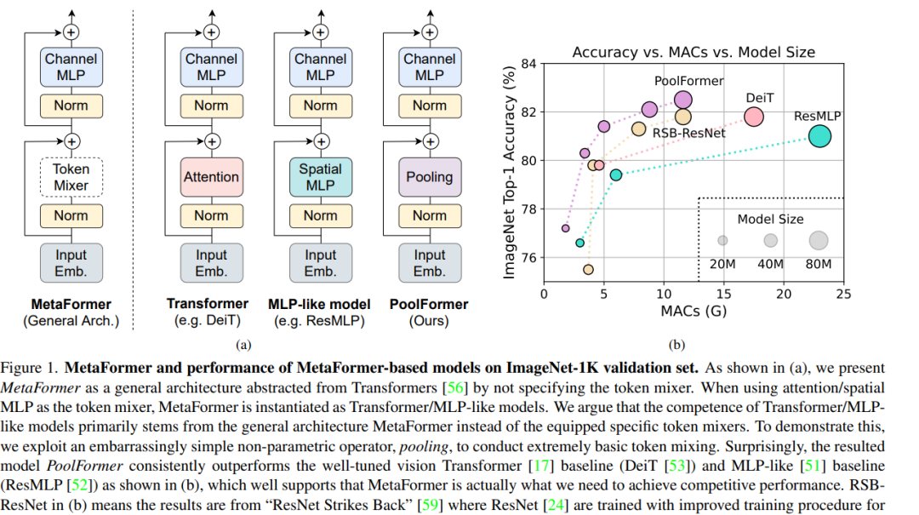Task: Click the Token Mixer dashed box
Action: click(71, 177)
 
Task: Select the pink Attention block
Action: click(211, 177)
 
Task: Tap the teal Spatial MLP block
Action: click(320, 177)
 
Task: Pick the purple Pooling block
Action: click(430, 177)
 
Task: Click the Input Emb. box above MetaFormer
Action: click(71, 263)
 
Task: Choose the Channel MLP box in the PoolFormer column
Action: click(430, 67)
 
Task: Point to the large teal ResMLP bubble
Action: click(819, 136)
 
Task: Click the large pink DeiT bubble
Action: click(754, 117)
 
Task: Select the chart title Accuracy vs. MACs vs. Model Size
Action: click(694, 52)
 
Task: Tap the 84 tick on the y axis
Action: click(530, 64)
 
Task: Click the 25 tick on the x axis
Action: click(842, 294)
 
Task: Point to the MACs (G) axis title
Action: click(694, 311)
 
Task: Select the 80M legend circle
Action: click(819, 240)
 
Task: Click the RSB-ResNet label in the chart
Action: click(688, 133)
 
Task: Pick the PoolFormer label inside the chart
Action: click(689, 82)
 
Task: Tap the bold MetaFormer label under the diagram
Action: click(71, 304)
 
